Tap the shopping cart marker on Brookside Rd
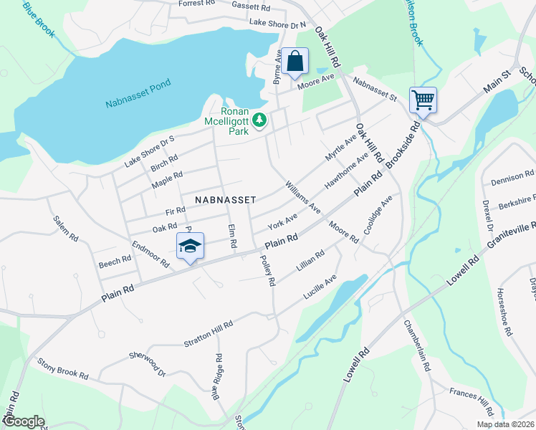(423, 100)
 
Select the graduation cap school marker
(190, 247)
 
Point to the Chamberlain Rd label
(418, 345)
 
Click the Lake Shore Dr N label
(277, 24)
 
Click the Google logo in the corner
(23, 421)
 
